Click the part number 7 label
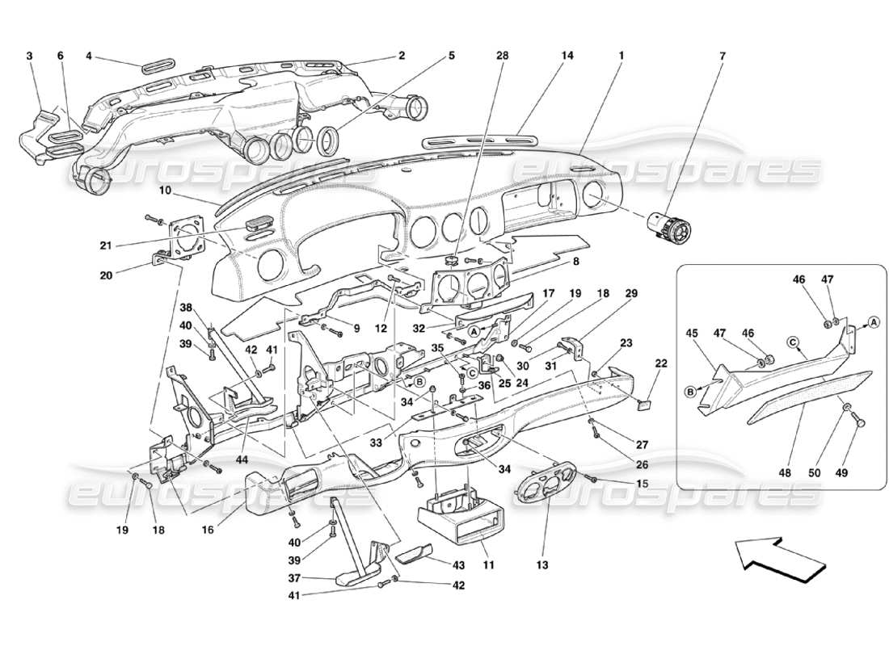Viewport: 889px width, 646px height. [x=723, y=56]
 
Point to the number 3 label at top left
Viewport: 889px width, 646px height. [x=30, y=56]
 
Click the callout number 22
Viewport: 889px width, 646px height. [x=660, y=363]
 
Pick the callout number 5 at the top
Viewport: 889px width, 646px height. [x=451, y=56]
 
